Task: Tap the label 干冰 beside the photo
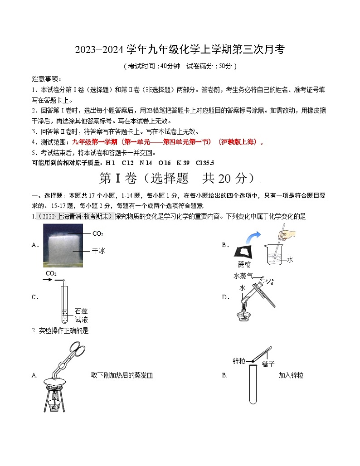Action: [x=98, y=250]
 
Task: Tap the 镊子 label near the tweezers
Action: [x=268, y=364]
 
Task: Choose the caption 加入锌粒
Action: [x=291, y=375]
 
